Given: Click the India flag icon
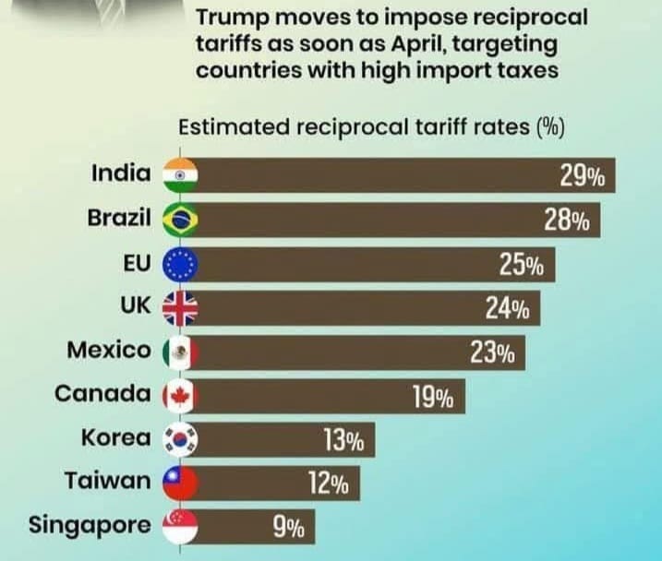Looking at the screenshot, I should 179,175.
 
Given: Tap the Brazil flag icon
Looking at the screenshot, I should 179,220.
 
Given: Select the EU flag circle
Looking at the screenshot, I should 179,264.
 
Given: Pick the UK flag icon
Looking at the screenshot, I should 179,307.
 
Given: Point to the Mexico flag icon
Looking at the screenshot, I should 179,352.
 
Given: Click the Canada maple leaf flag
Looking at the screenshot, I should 179,396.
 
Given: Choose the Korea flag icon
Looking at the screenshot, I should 179,439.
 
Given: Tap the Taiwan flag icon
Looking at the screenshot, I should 179,483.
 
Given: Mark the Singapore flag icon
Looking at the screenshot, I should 179,527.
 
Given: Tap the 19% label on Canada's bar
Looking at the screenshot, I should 432,398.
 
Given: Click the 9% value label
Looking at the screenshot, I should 288,529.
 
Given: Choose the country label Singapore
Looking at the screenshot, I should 90,527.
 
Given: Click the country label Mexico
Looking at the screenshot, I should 108,351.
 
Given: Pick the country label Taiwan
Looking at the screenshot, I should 107,482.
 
